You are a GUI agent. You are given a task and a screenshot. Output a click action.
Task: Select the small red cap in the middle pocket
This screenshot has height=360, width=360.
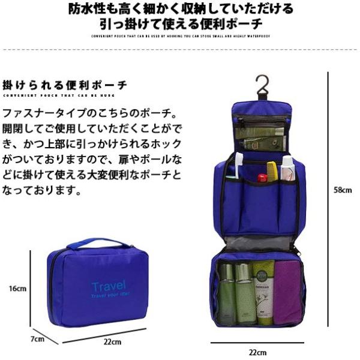click(262, 178)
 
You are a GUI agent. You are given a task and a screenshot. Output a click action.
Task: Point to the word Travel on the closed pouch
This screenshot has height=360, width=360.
click(109, 286)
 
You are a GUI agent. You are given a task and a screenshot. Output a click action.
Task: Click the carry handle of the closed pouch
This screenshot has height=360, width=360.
click(98, 244)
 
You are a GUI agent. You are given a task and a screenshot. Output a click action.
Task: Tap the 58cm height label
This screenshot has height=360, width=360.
click(342, 190)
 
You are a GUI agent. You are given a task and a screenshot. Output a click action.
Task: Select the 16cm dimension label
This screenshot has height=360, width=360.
click(19, 288)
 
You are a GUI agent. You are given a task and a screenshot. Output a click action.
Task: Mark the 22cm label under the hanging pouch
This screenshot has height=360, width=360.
click(259, 352)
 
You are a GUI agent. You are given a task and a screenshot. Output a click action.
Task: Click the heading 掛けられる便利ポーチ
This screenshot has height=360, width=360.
click(65, 85)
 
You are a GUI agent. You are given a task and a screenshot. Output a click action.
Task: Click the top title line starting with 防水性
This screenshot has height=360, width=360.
click(180, 9)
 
